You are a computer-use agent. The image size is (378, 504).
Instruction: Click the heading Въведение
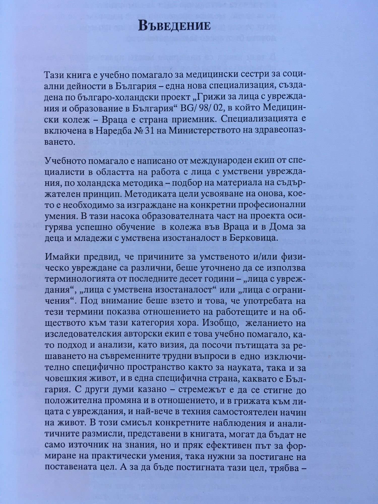click(174, 26)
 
